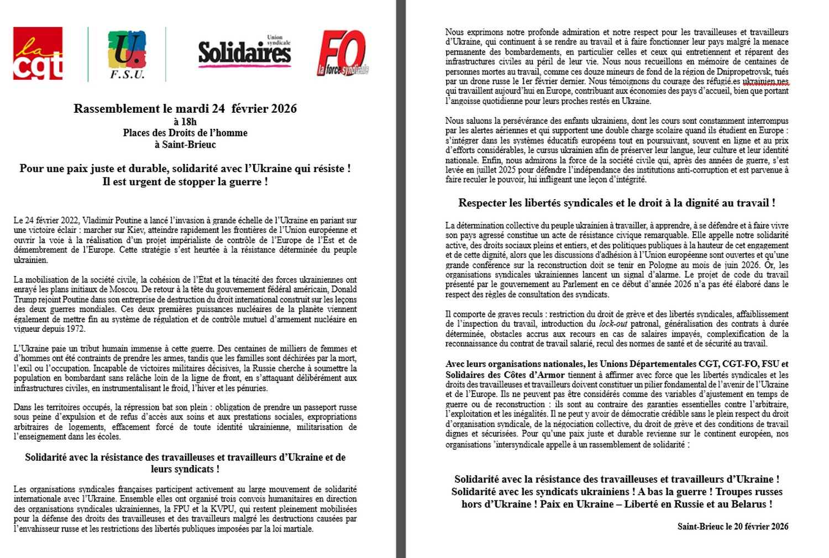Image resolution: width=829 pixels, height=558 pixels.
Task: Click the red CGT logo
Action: click(x=38, y=54)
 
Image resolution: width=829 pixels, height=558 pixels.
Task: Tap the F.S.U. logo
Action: click(x=127, y=54)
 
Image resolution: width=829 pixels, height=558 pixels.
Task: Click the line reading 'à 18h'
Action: click(x=185, y=121)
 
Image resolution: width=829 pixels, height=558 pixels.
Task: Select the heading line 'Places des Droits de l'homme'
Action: click(x=185, y=133)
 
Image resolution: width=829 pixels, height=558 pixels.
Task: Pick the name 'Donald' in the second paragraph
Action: click(x=344, y=289)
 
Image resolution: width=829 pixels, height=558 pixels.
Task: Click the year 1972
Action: click(x=76, y=329)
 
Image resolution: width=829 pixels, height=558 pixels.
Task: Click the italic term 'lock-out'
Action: click(x=613, y=324)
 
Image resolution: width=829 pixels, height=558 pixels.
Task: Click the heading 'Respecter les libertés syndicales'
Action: click(x=616, y=203)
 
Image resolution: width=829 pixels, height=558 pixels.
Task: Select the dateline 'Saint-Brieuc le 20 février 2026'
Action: click(x=733, y=526)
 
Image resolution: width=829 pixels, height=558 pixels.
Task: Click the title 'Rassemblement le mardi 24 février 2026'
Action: click(x=185, y=108)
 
